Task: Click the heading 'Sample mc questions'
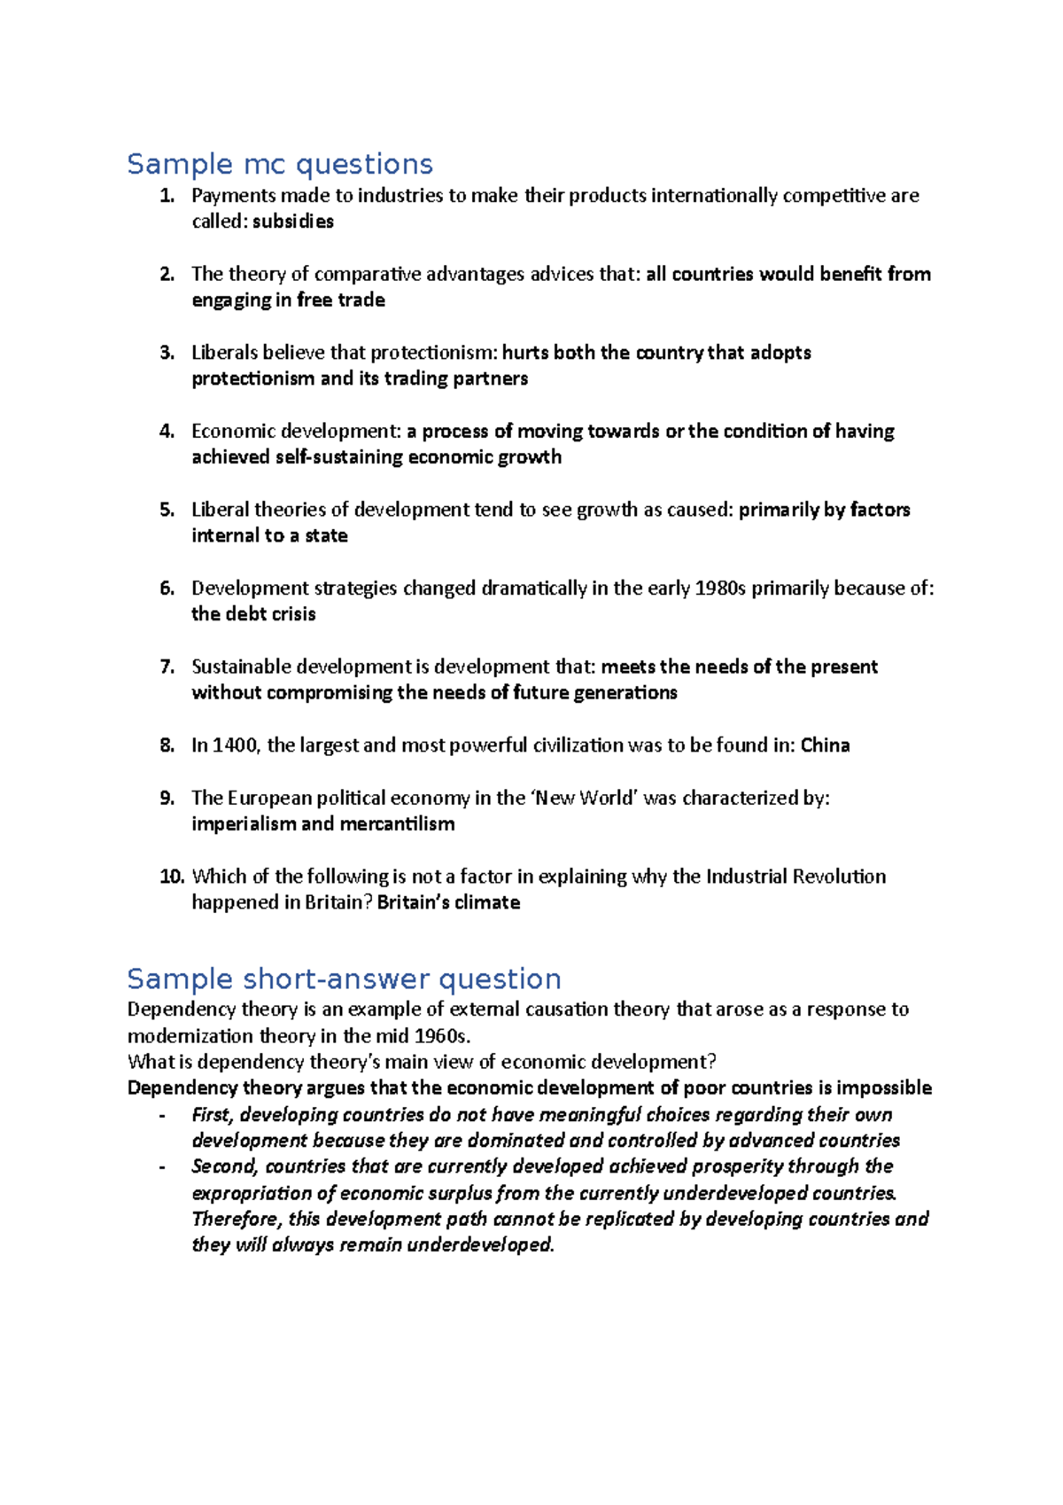click(280, 165)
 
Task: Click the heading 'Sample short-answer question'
click(344, 979)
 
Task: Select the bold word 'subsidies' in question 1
click(293, 222)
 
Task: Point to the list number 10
click(172, 877)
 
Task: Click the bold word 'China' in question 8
click(825, 745)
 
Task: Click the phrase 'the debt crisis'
click(253, 614)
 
